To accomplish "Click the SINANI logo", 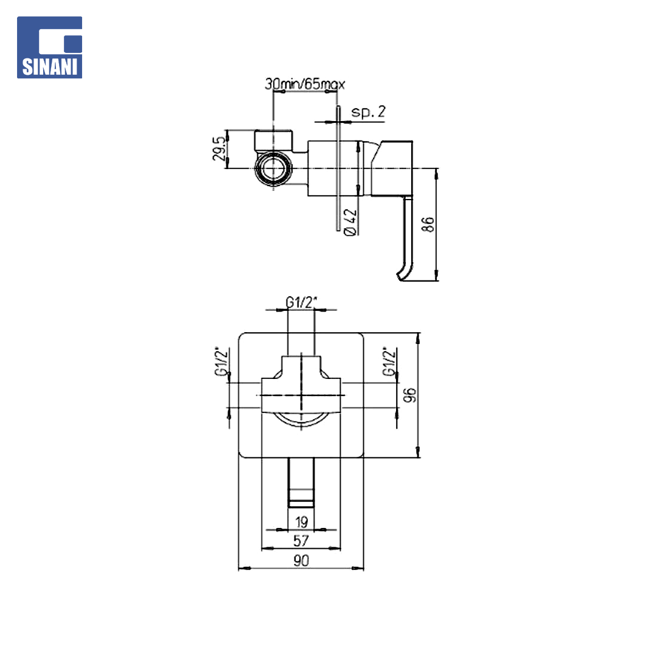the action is (49, 47).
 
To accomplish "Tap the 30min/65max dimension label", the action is (305, 84).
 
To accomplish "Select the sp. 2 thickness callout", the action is (368, 112).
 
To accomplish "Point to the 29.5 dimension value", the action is (219, 148).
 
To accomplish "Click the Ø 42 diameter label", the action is (350, 222).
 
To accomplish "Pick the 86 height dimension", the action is (428, 224).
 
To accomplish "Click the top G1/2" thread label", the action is (301, 302).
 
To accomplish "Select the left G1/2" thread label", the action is (221, 361).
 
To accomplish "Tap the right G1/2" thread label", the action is (389, 361).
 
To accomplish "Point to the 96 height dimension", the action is (410, 395).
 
